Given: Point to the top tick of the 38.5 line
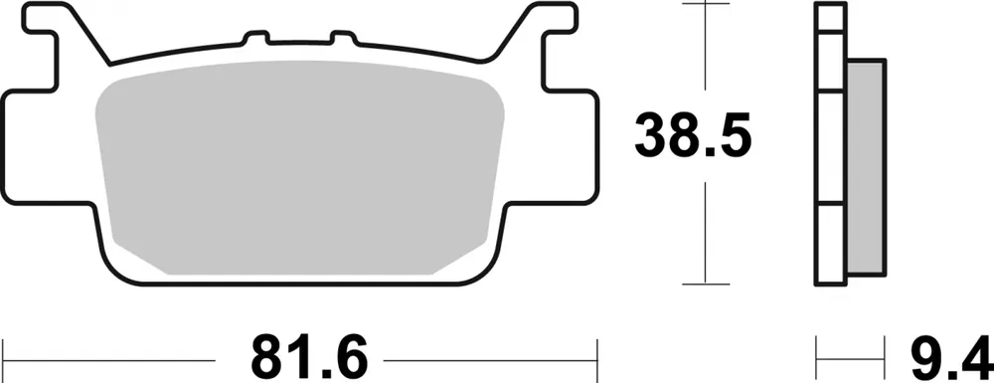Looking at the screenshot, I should pyautogui.click(x=704, y=5).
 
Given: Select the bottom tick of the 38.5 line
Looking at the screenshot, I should pyautogui.click(x=704, y=283).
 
